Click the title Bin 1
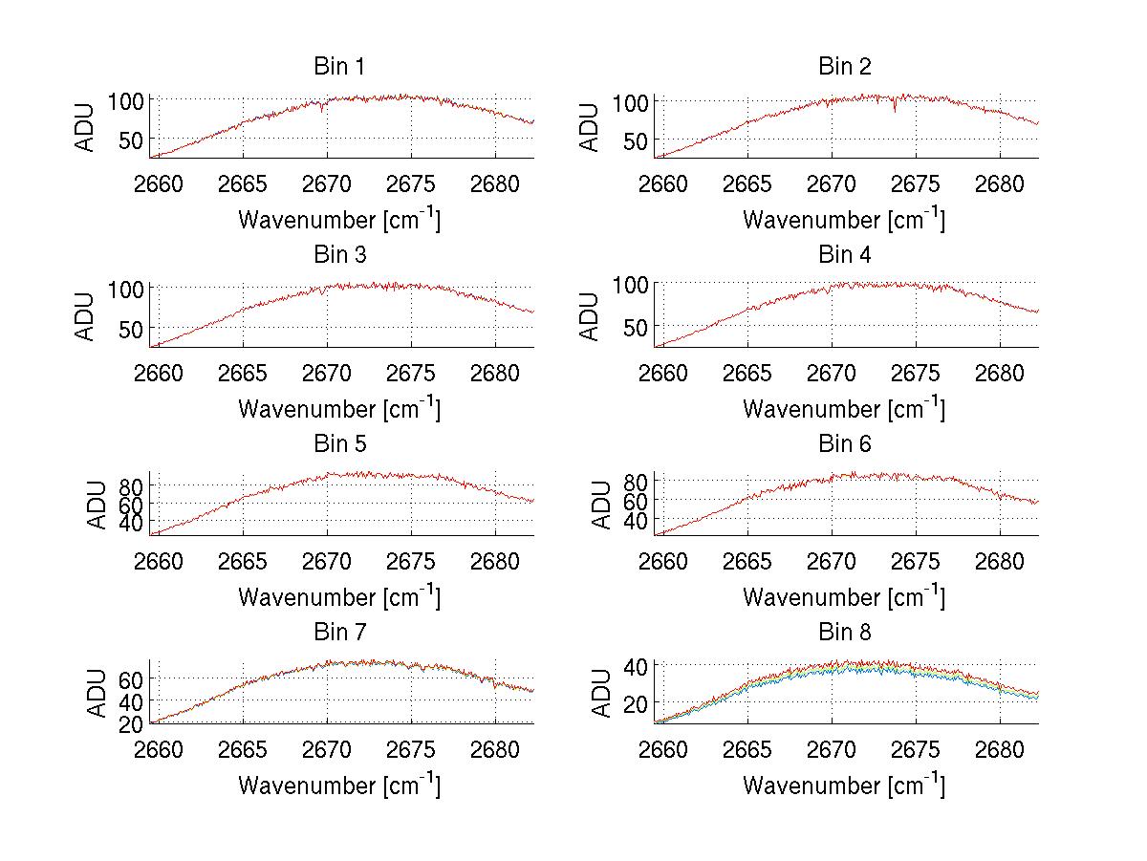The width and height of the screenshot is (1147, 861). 339,67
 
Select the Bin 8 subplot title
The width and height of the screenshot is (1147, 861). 845,633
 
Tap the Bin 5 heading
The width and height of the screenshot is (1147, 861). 339,444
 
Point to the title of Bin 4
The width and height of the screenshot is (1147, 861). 845,255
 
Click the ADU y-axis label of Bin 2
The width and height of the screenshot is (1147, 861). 591,127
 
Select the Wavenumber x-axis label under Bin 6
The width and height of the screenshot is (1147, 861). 844,597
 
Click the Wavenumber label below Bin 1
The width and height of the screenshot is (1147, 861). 339,220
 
